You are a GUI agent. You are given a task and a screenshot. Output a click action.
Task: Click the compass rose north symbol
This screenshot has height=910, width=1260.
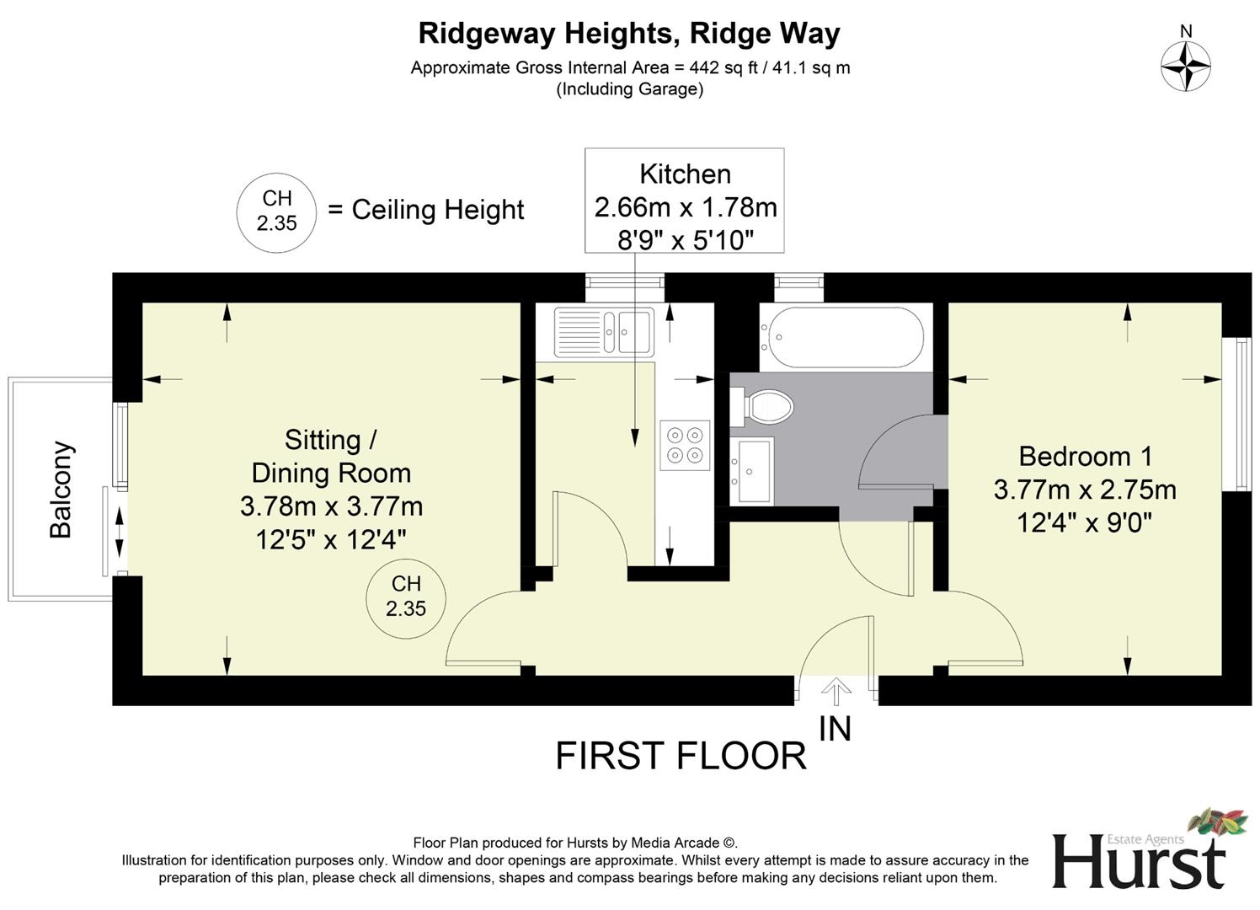(x=1185, y=65)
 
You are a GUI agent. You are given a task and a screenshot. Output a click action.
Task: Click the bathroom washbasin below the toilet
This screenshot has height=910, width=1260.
(x=751, y=471)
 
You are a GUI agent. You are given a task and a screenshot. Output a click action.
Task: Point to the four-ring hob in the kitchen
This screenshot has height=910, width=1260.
(x=684, y=445)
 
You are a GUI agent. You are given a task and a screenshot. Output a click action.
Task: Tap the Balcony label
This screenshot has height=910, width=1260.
(x=61, y=490)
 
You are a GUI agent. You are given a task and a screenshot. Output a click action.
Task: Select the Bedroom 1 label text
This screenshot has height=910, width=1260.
(x=1085, y=457)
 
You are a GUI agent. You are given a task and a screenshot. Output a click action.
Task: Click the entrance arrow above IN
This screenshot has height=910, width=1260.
(x=836, y=692)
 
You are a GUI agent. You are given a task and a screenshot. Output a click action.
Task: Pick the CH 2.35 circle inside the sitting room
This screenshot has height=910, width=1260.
(x=406, y=596)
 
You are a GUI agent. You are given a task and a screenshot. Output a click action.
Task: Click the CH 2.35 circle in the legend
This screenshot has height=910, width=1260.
(x=276, y=211)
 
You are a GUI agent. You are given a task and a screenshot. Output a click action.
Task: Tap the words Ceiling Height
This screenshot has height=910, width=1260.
(x=437, y=210)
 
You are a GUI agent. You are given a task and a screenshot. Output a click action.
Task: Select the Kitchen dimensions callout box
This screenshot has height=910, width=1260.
(x=685, y=201)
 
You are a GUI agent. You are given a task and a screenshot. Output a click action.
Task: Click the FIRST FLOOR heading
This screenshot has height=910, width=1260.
(x=681, y=756)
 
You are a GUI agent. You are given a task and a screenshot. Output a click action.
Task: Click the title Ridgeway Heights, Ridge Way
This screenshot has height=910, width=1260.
(x=629, y=34)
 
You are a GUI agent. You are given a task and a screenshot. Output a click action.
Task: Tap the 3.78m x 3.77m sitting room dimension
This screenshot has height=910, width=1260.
(x=331, y=506)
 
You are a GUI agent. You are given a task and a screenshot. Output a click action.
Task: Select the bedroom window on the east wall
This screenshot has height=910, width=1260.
(x=1242, y=414)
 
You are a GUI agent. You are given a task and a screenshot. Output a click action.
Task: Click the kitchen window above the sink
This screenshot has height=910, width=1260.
(x=625, y=286)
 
